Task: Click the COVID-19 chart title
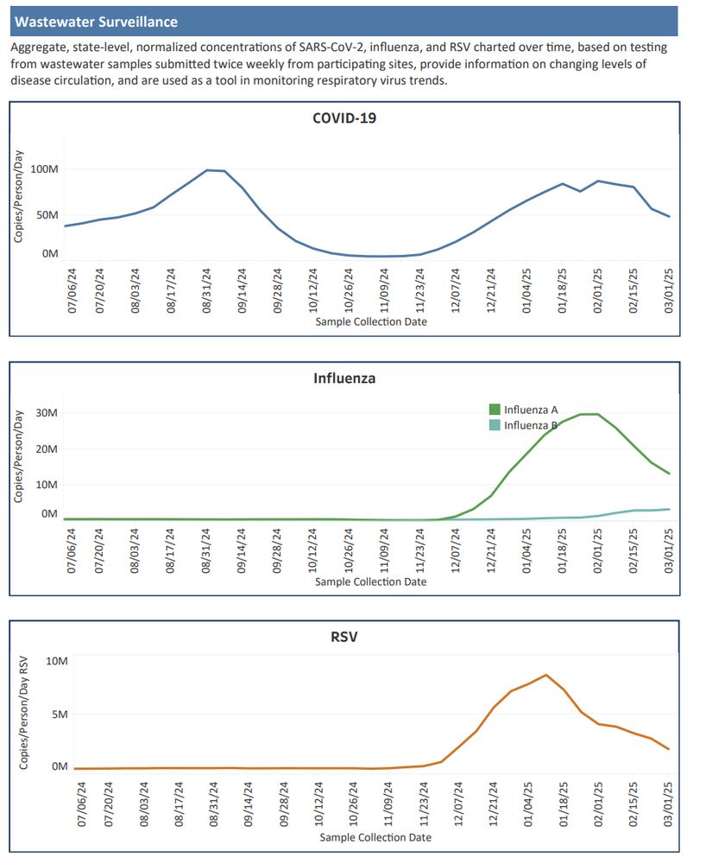click(344, 118)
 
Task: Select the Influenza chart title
click(344, 378)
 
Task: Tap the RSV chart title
click(344, 638)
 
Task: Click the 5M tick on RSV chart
click(57, 715)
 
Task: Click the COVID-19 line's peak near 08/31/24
click(208, 170)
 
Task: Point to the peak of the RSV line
click(545, 675)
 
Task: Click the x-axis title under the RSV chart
click(375, 837)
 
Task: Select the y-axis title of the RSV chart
click(24, 712)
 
